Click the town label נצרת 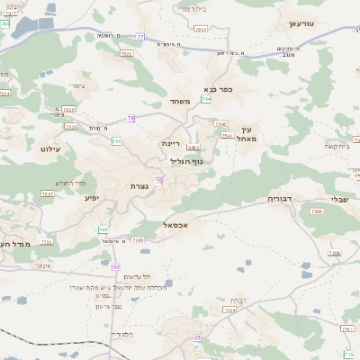140,185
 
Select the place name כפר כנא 219,89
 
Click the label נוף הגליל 186,161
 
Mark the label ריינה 172,143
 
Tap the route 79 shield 130,118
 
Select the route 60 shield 116,266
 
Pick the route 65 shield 197,337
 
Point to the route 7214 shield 229,310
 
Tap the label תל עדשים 134,275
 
